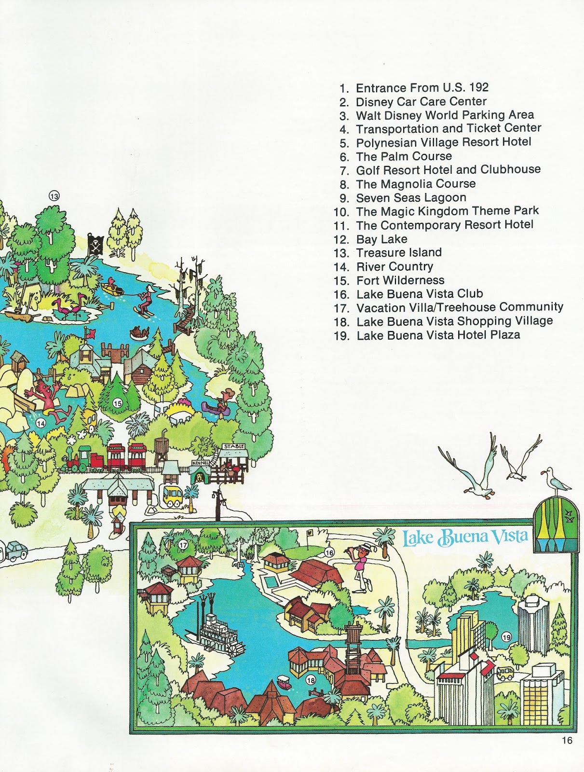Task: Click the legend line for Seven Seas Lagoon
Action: point(411,198)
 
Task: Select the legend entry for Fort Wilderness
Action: point(400,280)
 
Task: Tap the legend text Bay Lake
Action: point(381,239)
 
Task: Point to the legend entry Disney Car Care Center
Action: point(421,102)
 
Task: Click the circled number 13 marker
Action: point(54,196)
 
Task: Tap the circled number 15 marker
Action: point(117,403)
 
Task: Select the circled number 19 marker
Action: point(506,637)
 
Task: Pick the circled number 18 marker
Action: point(311,680)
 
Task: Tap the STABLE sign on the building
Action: point(234,447)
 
